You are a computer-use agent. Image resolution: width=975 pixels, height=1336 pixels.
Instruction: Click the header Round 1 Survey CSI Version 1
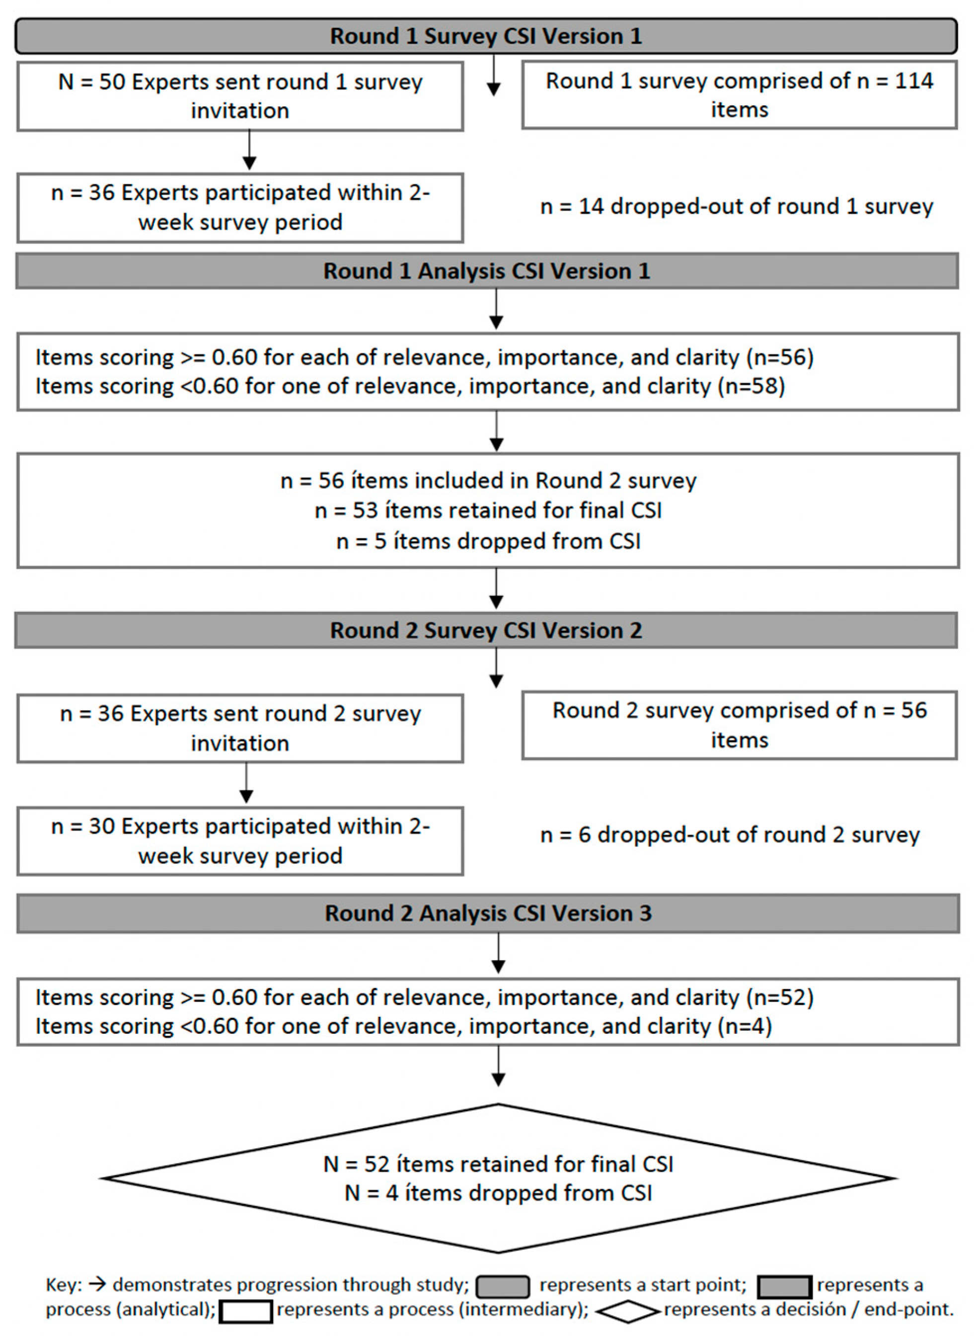pyautogui.click(x=486, y=36)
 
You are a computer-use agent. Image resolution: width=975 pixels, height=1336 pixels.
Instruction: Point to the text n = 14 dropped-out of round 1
pyautogui.click(x=736, y=207)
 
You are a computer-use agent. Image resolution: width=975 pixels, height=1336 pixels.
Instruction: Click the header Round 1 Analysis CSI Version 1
pyautogui.click(x=486, y=271)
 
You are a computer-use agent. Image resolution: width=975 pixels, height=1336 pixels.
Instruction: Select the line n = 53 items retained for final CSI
pyautogui.click(x=488, y=510)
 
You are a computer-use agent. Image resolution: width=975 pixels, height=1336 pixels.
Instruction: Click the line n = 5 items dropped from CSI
pyautogui.click(x=488, y=541)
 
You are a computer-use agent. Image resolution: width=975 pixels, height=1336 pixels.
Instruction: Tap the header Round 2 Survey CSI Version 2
pyautogui.click(x=486, y=630)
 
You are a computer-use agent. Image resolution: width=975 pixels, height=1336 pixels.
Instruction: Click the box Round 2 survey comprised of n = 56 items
pyautogui.click(x=739, y=725)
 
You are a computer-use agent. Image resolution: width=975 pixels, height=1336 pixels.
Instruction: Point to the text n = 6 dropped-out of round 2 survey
pyautogui.click(x=730, y=835)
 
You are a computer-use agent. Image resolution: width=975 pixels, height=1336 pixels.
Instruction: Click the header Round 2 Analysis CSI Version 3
pyautogui.click(x=488, y=913)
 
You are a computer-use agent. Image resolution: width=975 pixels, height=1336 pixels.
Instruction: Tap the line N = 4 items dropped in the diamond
pyautogui.click(x=498, y=1193)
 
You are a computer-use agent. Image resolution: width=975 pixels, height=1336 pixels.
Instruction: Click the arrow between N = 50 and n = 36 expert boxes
pyautogui.click(x=249, y=151)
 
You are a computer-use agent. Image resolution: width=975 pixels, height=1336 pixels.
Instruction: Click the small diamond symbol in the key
pyautogui.click(x=628, y=1311)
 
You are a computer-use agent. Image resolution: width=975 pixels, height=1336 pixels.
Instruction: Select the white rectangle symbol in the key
pyautogui.click(x=245, y=1312)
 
